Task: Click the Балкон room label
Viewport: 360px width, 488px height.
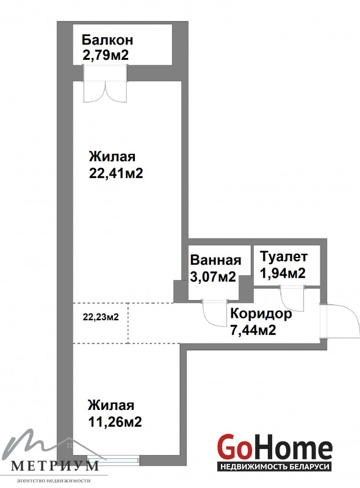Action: click(x=107, y=40)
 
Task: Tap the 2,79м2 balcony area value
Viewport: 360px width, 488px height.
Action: click(x=106, y=56)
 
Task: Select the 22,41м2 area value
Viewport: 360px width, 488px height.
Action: click(x=116, y=173)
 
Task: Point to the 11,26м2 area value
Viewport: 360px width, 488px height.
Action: click(x=115, y=422)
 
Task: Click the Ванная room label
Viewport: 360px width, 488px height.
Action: click(x=215, y=260)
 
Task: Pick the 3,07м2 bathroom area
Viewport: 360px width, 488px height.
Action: click(x=213, y=276)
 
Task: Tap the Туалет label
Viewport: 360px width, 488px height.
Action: click(x=284, y=257)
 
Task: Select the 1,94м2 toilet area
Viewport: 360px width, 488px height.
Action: click(x=283, y=273)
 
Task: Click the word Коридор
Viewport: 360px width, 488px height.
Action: click(x=261, y=314)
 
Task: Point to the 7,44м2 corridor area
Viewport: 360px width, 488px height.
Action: click(x=253, y=330)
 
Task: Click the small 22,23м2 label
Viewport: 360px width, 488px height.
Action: click(x=101, y=317)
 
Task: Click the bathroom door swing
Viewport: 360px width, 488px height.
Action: click(x=215, y=313)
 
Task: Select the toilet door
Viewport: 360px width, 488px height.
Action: click(x=293, y=298)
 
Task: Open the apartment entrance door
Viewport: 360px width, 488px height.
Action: click(x=339, y=321)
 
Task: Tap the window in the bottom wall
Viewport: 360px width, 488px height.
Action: click(x=113, y=459)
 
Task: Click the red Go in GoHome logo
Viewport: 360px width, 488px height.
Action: click(x=234, y=447)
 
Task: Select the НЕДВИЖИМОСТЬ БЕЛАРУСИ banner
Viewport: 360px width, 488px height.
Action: click(x=275, y=467)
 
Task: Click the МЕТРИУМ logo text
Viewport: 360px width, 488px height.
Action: click(x=55, y=465)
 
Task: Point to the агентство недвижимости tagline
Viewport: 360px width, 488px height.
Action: click(x=54, y=481)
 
